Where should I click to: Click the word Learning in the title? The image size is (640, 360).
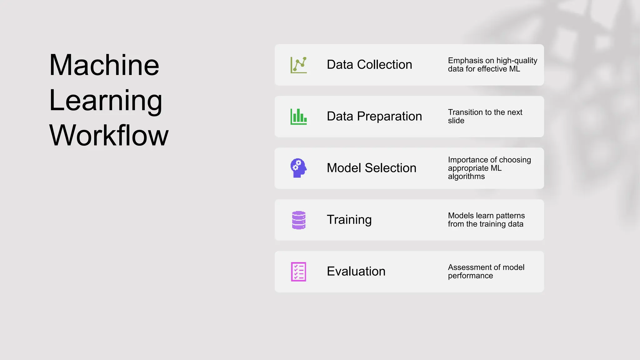point(106,100)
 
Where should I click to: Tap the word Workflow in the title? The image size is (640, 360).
point(109,135)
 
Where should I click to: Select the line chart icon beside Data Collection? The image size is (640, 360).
point(298,65)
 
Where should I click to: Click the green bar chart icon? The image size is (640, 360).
point(298,117)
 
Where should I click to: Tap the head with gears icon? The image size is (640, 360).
point(298,168)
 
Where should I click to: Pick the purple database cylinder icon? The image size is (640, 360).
point(298,220)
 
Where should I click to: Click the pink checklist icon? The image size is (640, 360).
point(298,272)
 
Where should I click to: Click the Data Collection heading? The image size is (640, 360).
point(369,65)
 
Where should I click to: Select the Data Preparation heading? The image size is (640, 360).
point(374,116)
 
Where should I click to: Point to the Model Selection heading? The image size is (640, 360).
point(371,168)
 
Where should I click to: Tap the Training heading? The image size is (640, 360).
point(349,220)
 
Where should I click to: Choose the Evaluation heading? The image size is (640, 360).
point(356,271)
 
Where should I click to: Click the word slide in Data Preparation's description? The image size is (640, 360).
point(456,121)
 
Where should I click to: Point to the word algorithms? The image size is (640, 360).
point(466,177)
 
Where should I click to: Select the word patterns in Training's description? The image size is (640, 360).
point(510,216)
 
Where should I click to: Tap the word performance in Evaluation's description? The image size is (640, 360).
point(470,276)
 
